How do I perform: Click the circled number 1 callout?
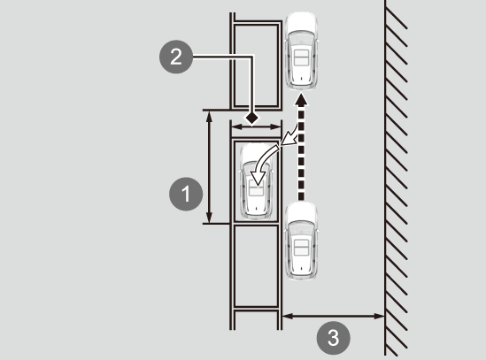pos(186,194)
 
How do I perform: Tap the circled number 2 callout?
pos(176,57)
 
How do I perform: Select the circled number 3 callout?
pos(333,338)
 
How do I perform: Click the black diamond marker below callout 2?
pos(251,118)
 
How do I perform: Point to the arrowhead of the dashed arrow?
pos(301,99)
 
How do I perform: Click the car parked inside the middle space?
pos(257,181)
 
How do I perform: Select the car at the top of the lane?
pos(301,50)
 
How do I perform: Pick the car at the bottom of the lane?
pos(301,241)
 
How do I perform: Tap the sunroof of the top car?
pos(301,57)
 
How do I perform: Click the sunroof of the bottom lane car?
pos(301,247)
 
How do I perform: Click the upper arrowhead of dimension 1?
pos(210,117)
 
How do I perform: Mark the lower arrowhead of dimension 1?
pos(210,218)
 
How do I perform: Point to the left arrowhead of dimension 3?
pos(288,316)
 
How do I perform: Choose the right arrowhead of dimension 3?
pos(380,316)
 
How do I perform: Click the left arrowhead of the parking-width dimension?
pos(236,126)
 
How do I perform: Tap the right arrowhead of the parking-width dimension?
pos(275,126)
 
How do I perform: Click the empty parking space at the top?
pos(256,65)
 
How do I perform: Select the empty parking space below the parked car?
pos(256,266)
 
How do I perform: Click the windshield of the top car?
pos(301,38)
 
